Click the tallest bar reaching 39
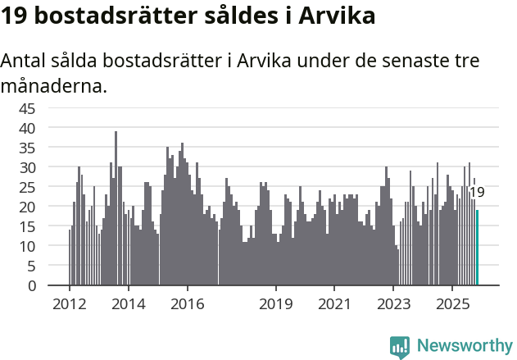[x=116, y=209]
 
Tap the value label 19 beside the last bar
[x=476, y=193]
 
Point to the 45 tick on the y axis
[x=27, y=108]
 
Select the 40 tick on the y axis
[x=27, y=128]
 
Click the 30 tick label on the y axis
[x=27, y=167]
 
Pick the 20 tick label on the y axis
[x=27, y=207]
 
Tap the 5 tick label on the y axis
[x=31, y=266]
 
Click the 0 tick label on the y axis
[x=31, y=285]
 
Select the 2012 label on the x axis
[x=69, y=303]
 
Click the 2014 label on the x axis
[x=129, y=303]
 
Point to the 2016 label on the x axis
[x=188, y=303]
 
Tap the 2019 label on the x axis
[x=276, y=303]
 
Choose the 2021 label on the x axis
[x=334, y=303]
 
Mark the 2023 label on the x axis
[x=393, y=303]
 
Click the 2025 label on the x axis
[x=452, y=303]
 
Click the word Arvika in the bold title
[x=338, y=16]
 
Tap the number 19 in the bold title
[x=17, y=16]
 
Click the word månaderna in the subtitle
[x=53, y=84]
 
